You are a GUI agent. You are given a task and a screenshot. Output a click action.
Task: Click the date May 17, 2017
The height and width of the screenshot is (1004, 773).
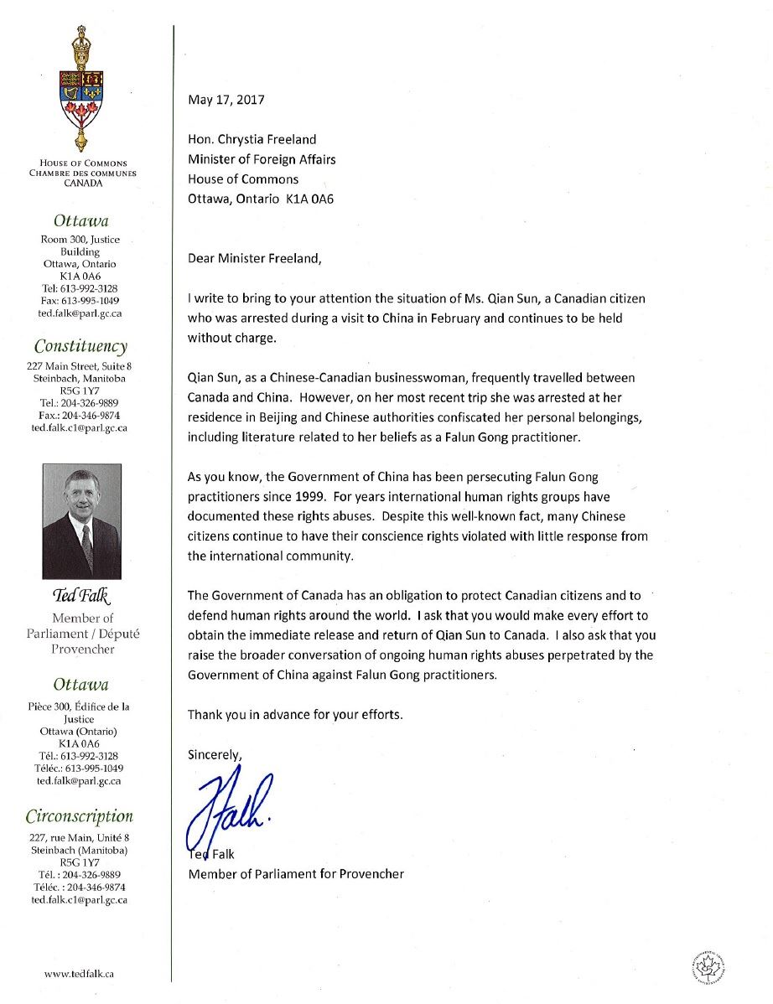226,100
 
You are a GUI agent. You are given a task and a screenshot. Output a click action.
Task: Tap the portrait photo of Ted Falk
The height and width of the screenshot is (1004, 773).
81,520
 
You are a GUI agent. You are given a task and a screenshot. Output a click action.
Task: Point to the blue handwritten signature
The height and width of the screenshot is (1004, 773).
231,808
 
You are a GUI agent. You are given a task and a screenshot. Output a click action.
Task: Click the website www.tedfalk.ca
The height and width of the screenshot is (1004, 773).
80,974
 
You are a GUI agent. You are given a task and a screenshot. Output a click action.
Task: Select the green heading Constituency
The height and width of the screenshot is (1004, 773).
80,346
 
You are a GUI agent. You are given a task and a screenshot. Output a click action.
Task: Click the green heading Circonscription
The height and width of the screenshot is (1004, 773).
79,816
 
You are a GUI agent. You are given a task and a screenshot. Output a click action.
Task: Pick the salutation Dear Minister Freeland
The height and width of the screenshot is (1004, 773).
254,258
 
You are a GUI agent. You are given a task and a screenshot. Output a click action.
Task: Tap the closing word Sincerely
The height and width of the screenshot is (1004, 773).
215,754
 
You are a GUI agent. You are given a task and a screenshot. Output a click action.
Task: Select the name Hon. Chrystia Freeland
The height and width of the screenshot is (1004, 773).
252,139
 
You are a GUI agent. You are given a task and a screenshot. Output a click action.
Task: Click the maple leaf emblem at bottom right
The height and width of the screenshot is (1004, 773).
708,965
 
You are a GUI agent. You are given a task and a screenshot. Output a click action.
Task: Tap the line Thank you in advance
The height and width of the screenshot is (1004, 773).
295,715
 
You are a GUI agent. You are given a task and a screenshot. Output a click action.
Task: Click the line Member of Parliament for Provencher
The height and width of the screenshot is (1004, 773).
295,874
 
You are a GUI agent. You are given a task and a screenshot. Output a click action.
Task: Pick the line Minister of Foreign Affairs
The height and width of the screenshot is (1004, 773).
262,159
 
